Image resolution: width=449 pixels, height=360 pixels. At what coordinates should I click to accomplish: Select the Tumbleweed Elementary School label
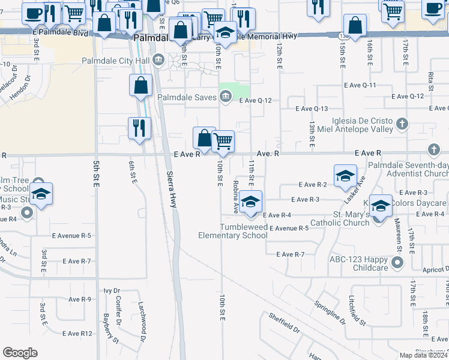(x=233, y=231)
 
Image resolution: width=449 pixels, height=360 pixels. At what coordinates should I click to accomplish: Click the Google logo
(x=20, y=353)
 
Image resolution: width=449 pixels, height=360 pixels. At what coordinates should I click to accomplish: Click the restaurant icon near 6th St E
(x=139, y=128)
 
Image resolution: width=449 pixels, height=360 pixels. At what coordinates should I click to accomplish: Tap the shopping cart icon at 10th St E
(x=223, y=142)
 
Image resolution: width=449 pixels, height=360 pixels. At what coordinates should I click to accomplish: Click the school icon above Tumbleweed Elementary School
(x=252, y=200)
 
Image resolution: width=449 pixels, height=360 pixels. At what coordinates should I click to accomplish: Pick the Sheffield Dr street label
(x=285, y=323)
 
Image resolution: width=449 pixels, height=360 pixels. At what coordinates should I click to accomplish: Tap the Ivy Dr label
(x=112, y=290)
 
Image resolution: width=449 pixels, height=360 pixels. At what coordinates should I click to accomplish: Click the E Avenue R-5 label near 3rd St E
(x=71, y=236)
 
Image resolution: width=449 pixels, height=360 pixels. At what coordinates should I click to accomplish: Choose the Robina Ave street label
(x=236, y=197)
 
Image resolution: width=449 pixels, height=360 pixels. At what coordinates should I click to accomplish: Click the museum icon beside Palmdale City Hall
(x=158, y=59)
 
